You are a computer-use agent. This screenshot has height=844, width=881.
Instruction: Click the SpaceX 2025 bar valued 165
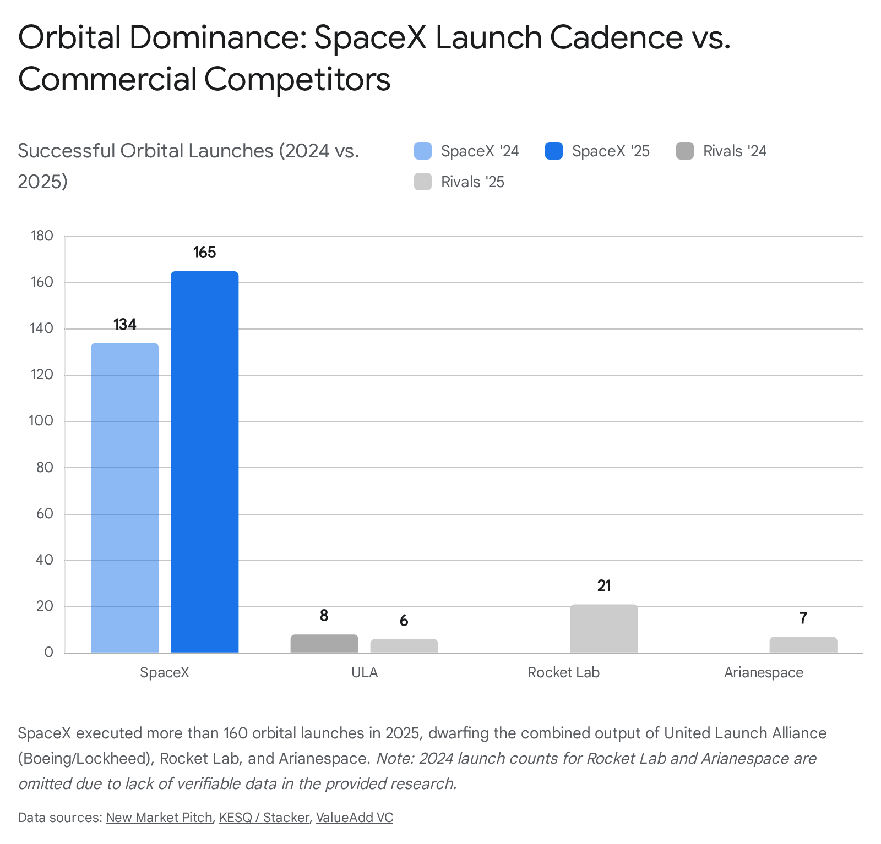click(x=205, y=462)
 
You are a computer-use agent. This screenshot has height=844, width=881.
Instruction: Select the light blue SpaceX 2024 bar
click(x=125, y=498)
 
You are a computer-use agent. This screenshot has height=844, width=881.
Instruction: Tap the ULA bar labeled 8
click(x=324, y=644)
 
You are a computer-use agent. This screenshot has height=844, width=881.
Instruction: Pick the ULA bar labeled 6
click(x=404, y=646)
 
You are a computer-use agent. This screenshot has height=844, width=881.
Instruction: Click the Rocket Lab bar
click(x=604, y=629)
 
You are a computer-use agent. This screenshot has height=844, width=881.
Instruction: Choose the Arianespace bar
click(x=803, y=645)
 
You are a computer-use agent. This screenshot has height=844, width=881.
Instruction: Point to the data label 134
click(x=125, y=325)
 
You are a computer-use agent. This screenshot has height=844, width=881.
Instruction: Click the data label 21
click(x=604, y=586)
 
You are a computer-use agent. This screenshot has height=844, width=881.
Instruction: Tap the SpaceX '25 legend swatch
click(x=554, y=151)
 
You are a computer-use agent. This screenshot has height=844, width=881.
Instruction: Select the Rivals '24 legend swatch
click(x=685, y=151)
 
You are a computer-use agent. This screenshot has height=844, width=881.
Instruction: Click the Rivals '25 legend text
click(x=472, y=182)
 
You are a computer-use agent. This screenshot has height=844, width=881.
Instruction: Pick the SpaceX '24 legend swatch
click(x=423, y=151)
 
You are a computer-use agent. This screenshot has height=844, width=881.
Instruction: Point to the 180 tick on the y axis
click(x=42, y=236)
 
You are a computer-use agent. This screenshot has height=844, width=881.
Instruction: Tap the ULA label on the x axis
click(x=365, y=672)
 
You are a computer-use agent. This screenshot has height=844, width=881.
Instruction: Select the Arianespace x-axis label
click(x=764, y=673)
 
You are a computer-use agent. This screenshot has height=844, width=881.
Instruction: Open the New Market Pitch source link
click(x=159, y=818)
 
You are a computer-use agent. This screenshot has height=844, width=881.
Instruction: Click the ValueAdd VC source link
click(x=355, y=818)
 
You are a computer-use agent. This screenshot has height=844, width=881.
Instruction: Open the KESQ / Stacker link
click(x=264, y=818)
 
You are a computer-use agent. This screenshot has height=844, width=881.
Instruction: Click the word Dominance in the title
click(x=217, y=37)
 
